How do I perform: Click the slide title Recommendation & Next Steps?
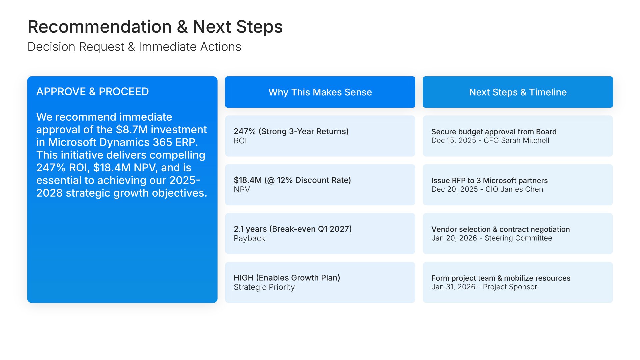tap(155, 27)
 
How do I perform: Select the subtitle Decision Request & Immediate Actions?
tap(134, 47)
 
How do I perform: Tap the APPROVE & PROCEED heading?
tap(93, 92)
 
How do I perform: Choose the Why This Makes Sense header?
tap(320, 92)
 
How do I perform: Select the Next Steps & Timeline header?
tap(518, 92)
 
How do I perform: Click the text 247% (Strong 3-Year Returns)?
tap(291, 131)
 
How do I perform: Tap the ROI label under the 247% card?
tap(240, 141)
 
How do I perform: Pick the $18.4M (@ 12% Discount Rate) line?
tap(292, 180)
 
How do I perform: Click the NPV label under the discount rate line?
tap(242, 190)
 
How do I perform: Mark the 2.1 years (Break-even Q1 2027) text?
tap(293, 229)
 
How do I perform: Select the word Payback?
tap(249, 238)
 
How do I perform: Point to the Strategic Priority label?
tap(264, 287)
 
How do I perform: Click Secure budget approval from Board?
tap(494, 132)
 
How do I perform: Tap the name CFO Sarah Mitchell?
tap(516, 141)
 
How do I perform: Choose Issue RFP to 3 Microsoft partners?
tap(489, 181)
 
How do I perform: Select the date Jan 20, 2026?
tap(454, 238)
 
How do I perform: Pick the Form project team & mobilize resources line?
tap(501, 278)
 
